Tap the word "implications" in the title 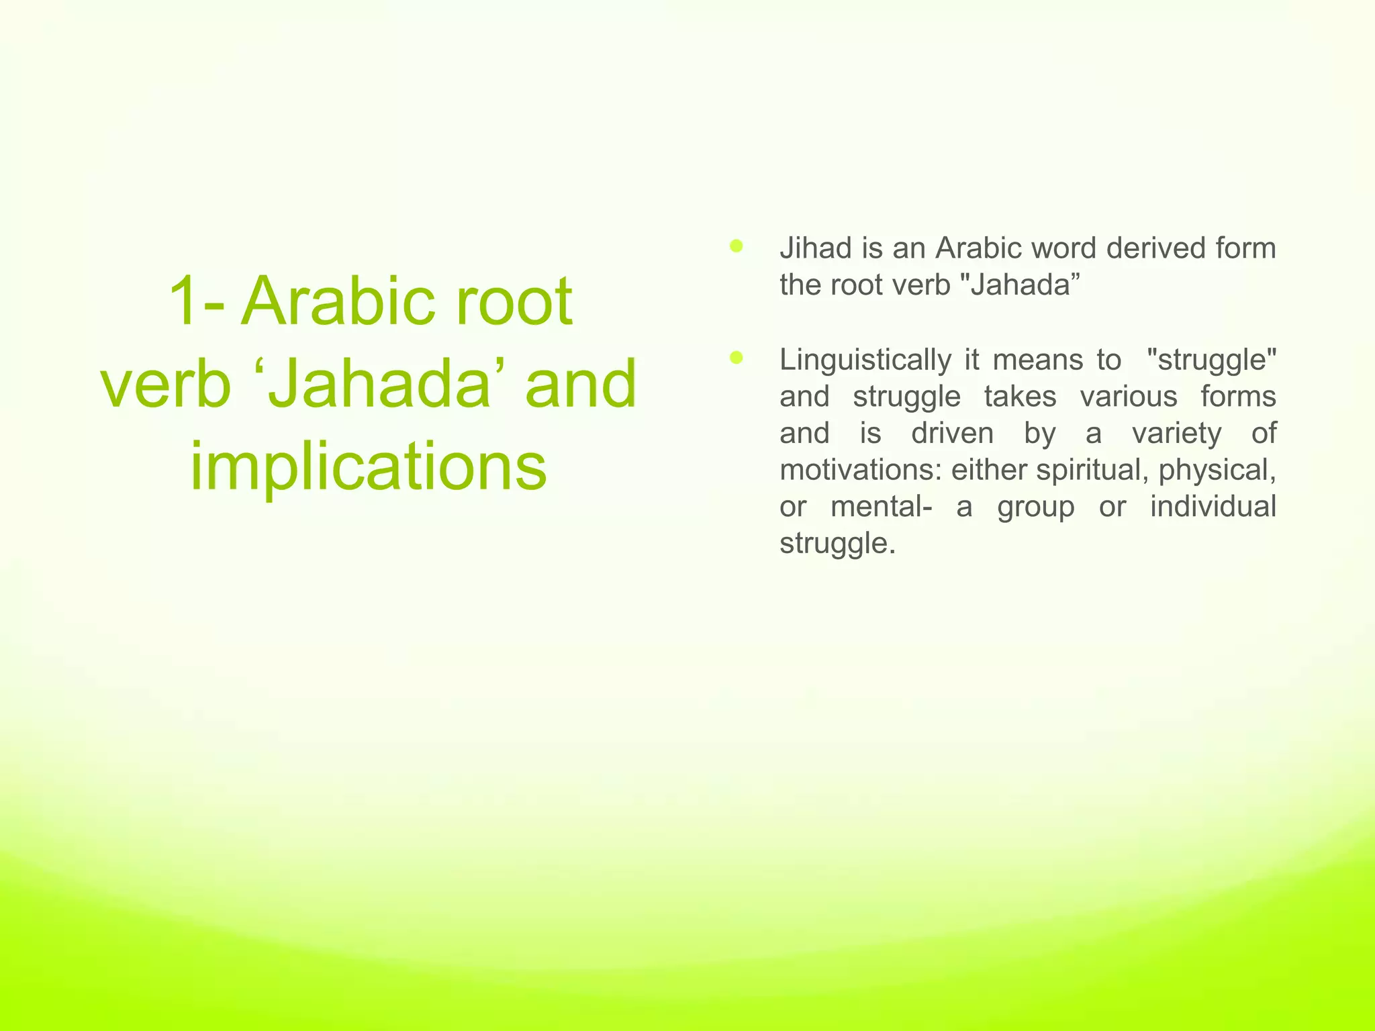(x=369, y=466)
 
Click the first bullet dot (x=737, y=246)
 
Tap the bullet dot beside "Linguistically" (x=737, y=358)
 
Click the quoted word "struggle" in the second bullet (x=1212, y=360)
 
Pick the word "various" (x=1129, y=397)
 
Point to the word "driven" (x=952, y=433)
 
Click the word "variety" (x=1177, y=433)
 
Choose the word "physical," (x=1217, y=470)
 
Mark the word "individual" (x=1213, y=506)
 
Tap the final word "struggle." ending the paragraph (x=837, y=543)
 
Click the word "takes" (x=1021, y=397)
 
